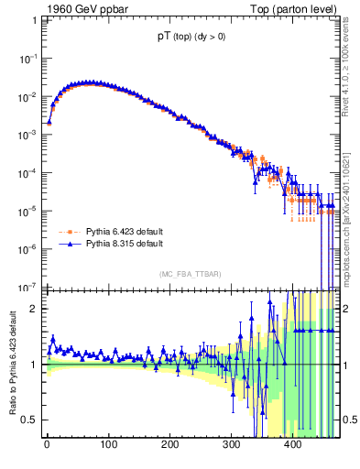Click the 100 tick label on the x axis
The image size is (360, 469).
108,446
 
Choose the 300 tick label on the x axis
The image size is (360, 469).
232,446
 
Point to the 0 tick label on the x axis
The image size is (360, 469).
47,446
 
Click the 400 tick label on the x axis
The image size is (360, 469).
293,446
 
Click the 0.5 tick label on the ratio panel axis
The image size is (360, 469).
30,420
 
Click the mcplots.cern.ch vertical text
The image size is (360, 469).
350,220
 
